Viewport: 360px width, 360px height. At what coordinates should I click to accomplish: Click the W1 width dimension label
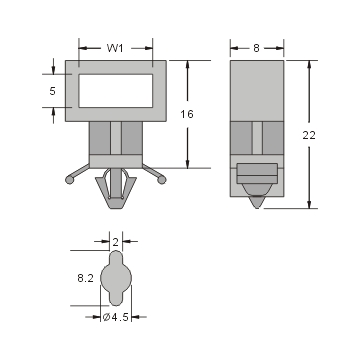tap(116, 46)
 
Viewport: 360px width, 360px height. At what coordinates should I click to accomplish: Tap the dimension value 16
tap(187, 114)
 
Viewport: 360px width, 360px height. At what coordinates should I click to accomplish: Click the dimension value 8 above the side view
tap(257, 46)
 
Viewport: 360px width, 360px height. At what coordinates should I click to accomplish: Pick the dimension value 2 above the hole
tap(116, 242)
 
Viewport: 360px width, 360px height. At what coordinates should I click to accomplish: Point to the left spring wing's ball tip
tap(67, 180)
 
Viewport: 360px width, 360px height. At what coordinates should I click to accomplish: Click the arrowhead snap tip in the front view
tap(115, 193)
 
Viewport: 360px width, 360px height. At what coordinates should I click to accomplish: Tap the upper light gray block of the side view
tap(257, 90)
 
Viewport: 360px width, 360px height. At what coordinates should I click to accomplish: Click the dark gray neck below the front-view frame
tap(115, 140)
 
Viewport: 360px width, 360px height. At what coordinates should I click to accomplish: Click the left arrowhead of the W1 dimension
tap(81, 46)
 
